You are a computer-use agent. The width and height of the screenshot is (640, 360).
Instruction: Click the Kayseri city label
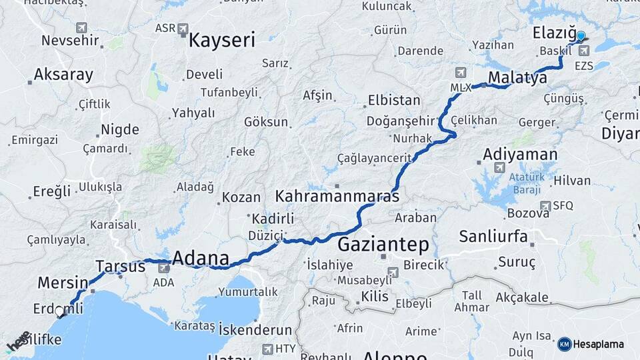pos(221,40)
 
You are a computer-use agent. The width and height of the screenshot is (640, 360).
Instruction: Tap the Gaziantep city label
pos(383,244)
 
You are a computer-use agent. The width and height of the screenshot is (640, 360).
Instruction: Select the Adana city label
pos(201,258)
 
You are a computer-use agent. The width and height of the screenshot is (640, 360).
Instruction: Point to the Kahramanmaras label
pos(337,197)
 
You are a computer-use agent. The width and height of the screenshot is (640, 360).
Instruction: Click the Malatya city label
pos(517,78)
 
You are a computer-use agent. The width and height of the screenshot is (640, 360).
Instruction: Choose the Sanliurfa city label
pos(493,236)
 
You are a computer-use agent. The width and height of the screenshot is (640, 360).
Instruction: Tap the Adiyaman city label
pos(520,155)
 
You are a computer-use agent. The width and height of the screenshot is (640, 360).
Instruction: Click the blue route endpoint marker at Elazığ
pos(581,37)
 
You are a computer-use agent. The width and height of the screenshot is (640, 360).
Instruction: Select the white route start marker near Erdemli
pos(60,311)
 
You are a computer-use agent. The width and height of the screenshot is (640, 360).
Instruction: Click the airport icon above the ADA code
pos(163,268)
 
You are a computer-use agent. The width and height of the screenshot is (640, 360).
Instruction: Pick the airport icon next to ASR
pos(183,29)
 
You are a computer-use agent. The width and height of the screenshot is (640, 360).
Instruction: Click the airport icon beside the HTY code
pos(267,349)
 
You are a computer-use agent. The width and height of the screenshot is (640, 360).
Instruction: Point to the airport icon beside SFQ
pos(545,205)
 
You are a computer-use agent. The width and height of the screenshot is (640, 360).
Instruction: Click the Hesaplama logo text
pos(598,344)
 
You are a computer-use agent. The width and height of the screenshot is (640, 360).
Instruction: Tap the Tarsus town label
pos(120,266)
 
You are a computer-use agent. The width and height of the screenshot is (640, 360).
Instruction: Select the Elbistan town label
pos(394,101)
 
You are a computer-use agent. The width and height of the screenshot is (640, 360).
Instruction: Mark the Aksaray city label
pos(63,75)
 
